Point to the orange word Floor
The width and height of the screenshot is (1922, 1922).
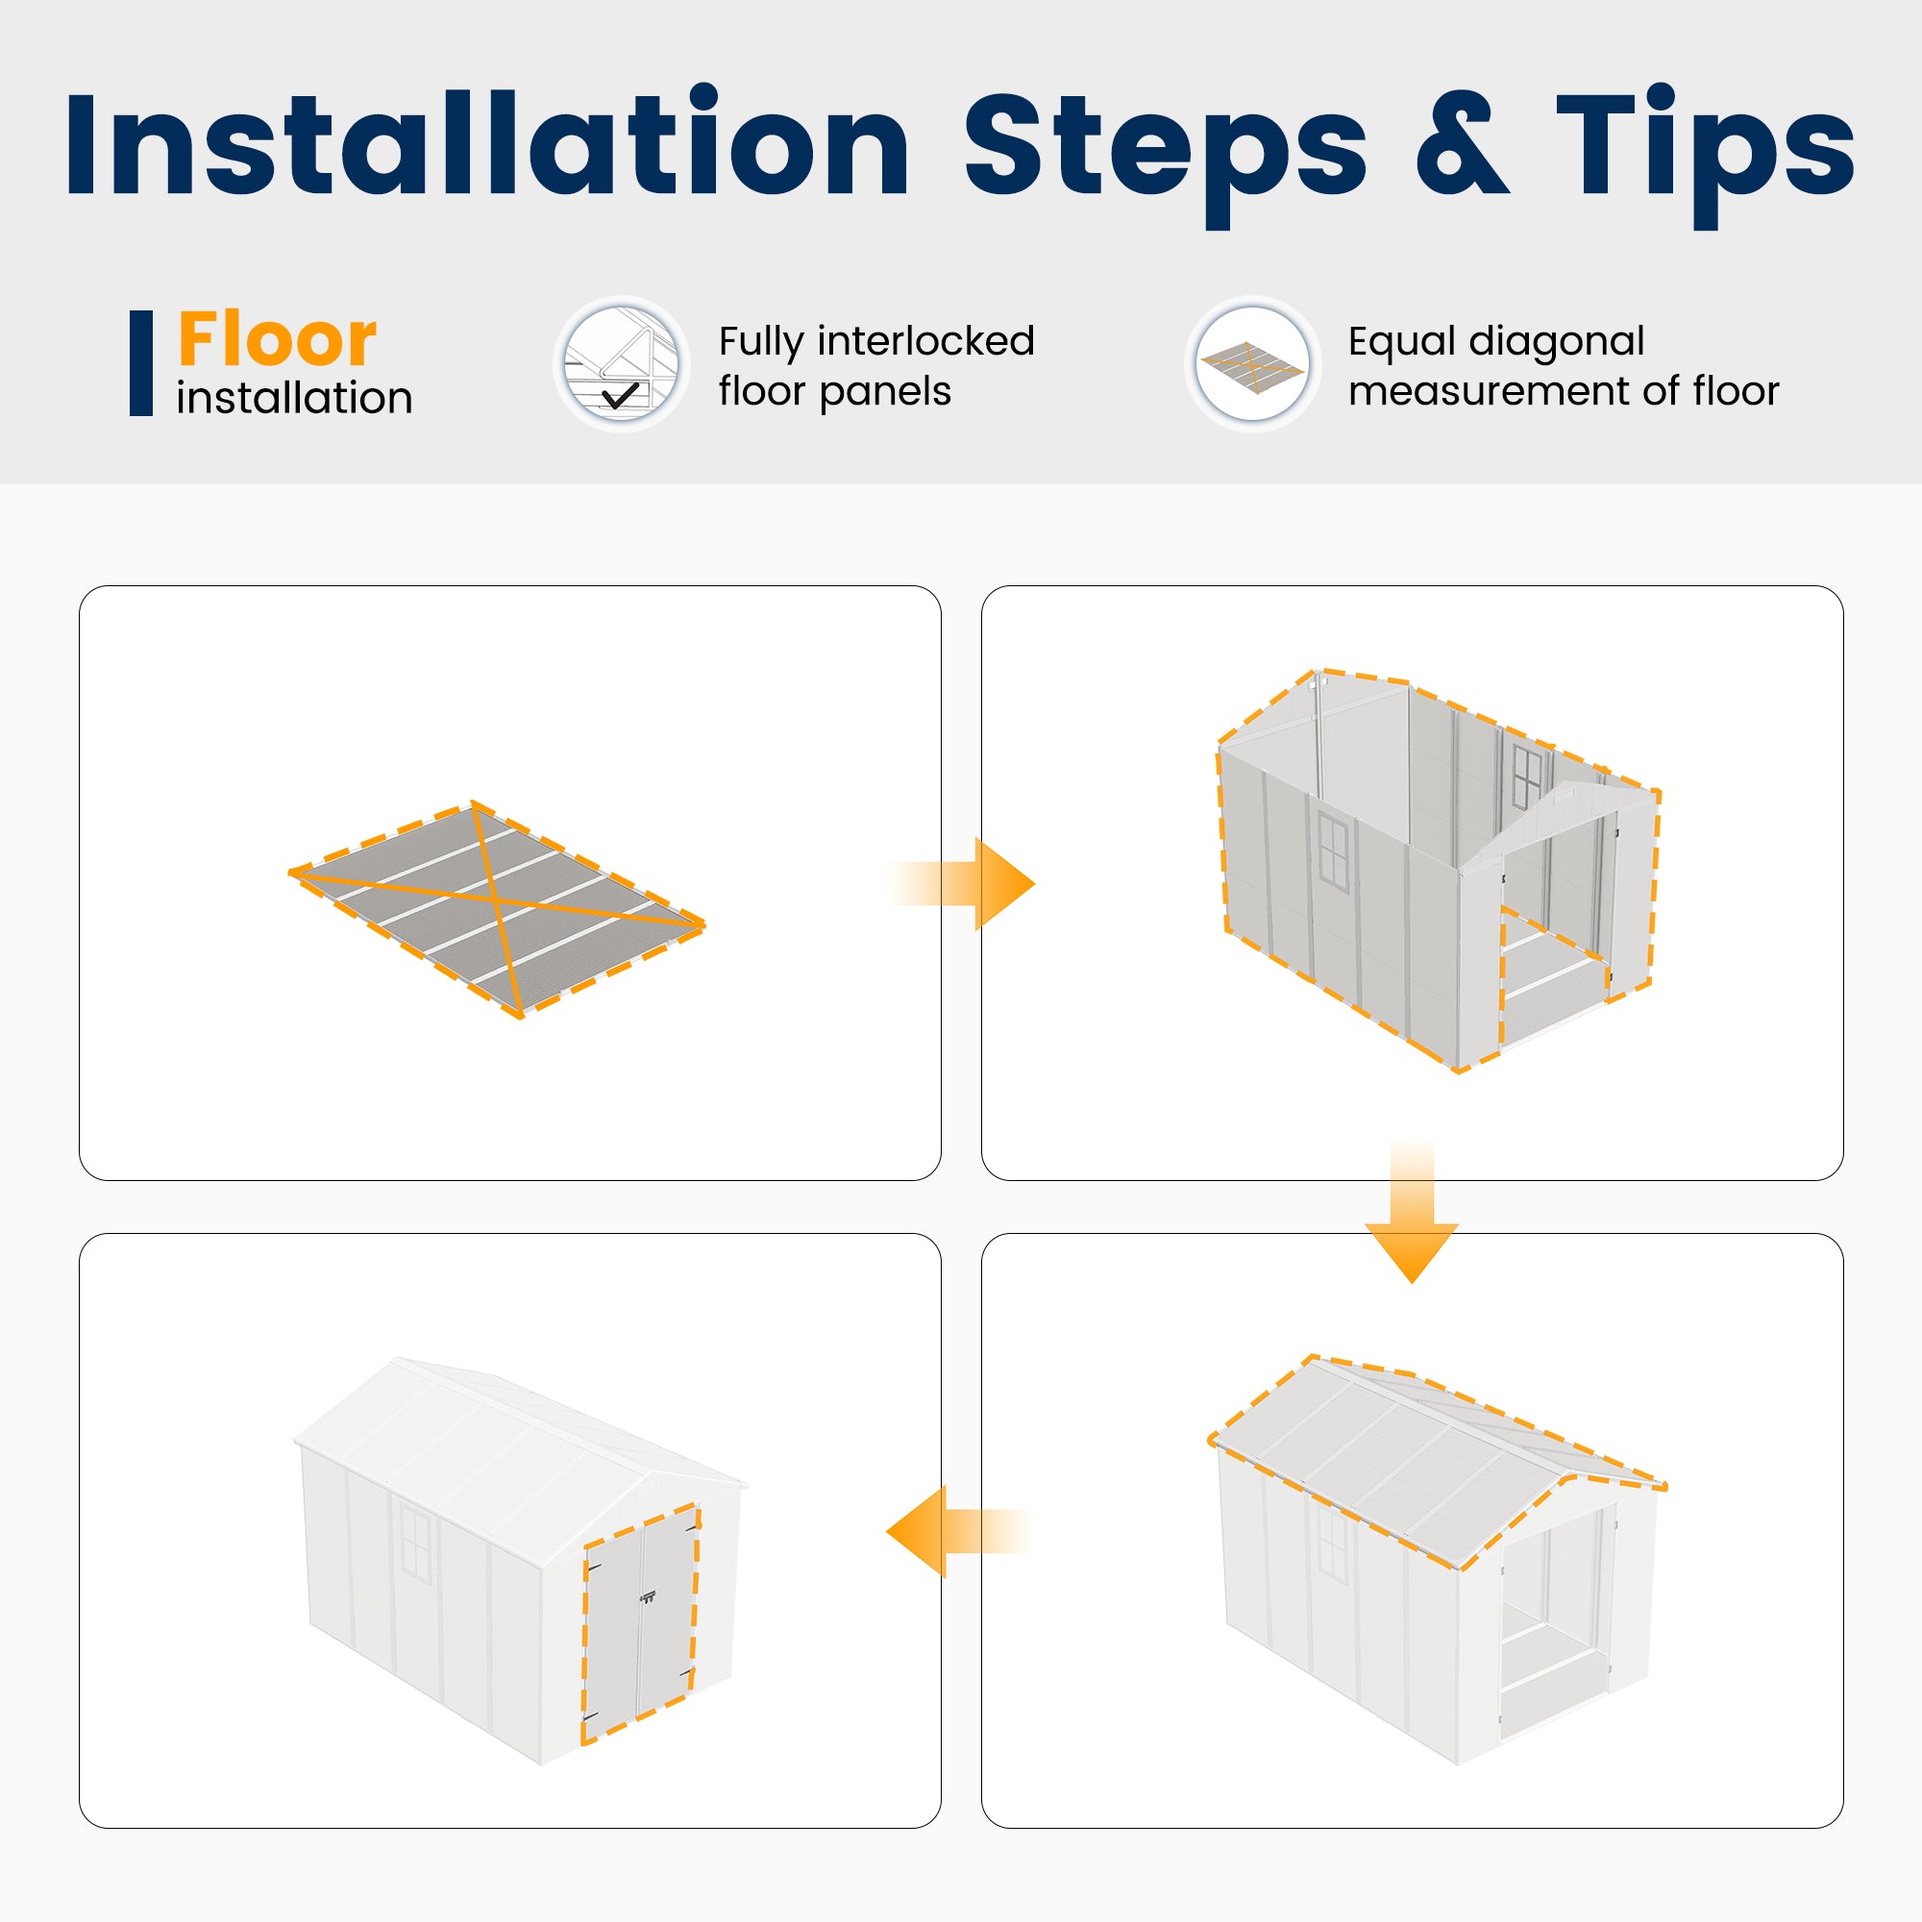[x=277, y=338]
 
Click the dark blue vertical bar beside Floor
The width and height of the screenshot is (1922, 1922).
[x=141, y=363]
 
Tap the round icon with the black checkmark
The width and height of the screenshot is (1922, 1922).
[x=622, y=364]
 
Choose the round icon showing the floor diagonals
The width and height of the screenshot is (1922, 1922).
[x=1252, y=364]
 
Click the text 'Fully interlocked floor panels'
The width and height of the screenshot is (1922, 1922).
[x=876, y=365]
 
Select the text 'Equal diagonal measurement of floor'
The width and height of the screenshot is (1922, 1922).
[x=1563, y=365]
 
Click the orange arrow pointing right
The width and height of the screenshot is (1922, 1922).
[x=961, y=883]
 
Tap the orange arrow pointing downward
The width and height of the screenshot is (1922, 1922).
[x=1412, y=1211]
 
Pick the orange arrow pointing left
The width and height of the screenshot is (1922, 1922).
[x=959, y=1531]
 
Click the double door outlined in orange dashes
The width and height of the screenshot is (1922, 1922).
[x=640, y=1627]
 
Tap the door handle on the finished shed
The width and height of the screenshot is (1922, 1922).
[x=649, y=1599]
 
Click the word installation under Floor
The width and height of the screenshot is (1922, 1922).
[x=294, y=398]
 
